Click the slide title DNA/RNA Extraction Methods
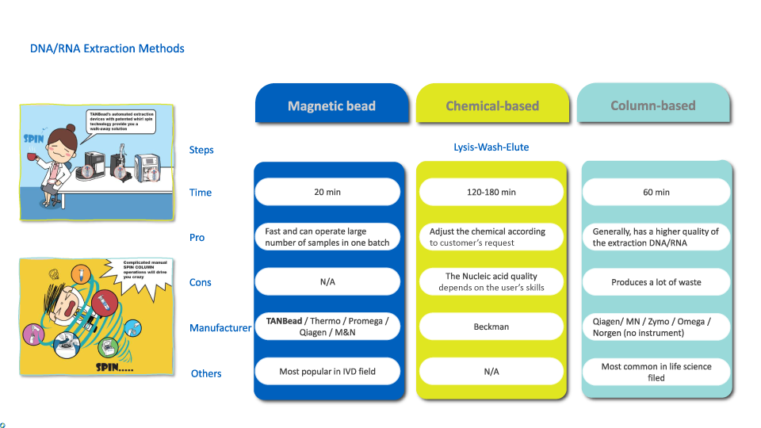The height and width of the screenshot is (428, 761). tap(107, 48)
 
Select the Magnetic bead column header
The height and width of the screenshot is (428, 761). tap(331, 105)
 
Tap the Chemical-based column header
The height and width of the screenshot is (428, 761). tap(492, 105)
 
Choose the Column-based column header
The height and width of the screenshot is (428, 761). tap(653, 105)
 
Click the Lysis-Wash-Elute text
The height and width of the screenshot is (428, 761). tap(491, 147)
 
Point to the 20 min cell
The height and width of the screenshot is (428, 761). tap(327, 192)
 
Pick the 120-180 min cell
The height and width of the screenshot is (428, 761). tap(491, 192)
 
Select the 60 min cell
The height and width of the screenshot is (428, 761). tap(656, 192)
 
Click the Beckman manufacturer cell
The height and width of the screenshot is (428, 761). tap(491, 327)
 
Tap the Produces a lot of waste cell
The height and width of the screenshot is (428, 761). tap(656, 282)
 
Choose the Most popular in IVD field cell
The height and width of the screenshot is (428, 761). tap(327, 371)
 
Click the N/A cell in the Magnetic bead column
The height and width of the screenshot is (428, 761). tap(327, 282)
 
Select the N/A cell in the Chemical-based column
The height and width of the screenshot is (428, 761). tap(491, 371)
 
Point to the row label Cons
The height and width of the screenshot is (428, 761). tap(201, 282)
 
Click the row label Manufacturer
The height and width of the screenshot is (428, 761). tap(220, 327)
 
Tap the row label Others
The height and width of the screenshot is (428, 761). tap(206, 373)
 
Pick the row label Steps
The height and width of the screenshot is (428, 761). tap(201, 150)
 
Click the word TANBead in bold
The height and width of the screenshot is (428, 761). tap(285, 321)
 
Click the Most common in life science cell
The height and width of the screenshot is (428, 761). tap(656, 372)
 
